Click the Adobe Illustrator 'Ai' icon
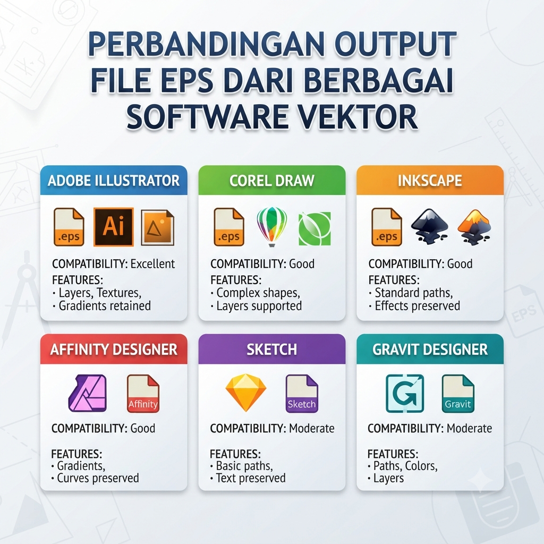coord(114,227)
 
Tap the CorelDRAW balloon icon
coord(271,226)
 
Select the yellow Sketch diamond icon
coord(246,393)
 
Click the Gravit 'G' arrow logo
coord(405,394)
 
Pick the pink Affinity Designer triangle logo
coord(88,393)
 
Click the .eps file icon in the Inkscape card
coord(387,227)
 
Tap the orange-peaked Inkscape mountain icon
coord(474,226)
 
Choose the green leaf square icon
coord(314,228)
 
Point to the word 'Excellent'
coord(152,264)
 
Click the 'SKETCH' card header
coord(271,350)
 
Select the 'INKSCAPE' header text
coord(430,181)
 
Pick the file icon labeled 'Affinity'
coord(143,394)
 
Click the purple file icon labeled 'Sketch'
coord(302,394)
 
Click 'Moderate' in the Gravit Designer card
coord(469,429)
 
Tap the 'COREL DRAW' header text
coord(271,181)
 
